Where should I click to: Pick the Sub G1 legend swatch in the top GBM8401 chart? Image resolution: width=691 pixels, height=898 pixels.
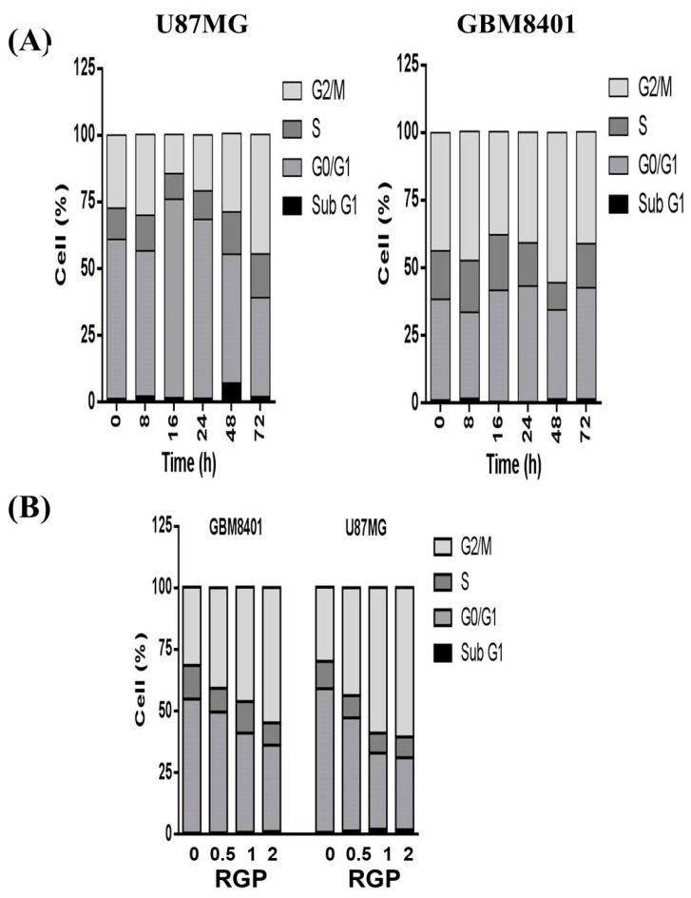623,176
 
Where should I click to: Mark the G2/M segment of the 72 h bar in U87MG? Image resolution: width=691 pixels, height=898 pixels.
259,194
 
